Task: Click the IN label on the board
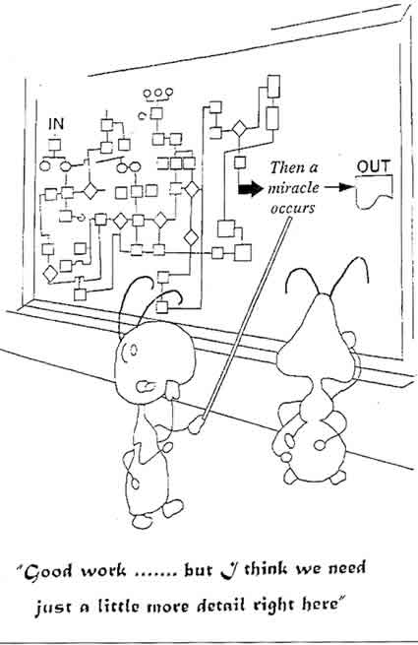(x=56, y=123)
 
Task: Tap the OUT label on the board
(x=373, y=166)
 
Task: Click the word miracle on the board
(x=293, y=188)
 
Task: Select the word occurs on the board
(x=292, y=208)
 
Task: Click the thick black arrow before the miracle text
(x=250, y=188)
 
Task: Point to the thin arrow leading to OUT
(x=338, y=187)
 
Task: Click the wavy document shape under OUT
(x=374, y=191)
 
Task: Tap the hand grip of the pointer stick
(x=196, y=425)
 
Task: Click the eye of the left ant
(x=133, y=350)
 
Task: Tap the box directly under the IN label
(x=55, y=145)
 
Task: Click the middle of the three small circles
(x=157, y=93)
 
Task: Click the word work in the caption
(x=102, y=571)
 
